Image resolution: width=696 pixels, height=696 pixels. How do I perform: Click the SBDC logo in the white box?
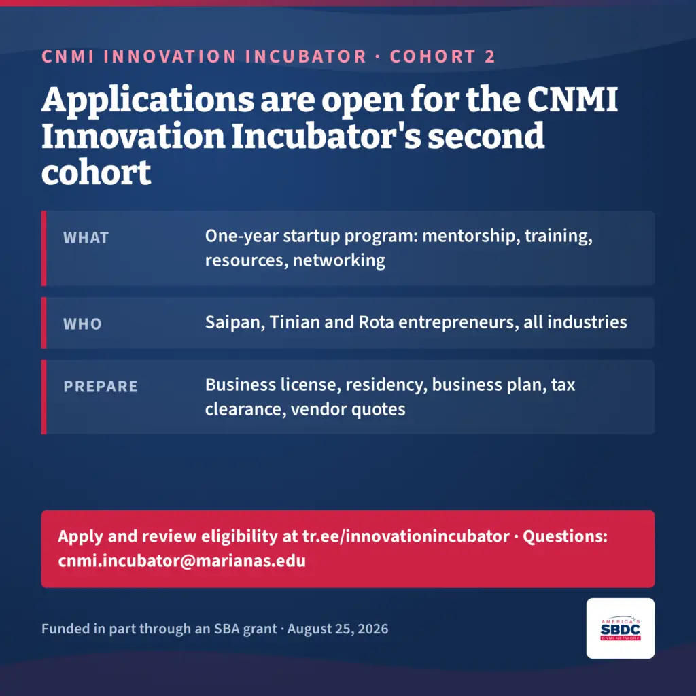[620, 629]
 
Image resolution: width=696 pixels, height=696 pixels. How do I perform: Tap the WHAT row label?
[86, 238]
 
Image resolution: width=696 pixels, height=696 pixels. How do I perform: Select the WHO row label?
[82, 324]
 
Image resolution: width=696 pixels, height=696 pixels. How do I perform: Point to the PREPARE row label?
[101, 387]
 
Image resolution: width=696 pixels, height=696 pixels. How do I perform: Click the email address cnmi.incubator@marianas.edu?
[182, 561]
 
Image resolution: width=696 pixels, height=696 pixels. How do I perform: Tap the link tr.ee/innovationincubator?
[406, 536]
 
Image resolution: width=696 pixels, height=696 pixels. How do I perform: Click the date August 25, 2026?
[338, 629]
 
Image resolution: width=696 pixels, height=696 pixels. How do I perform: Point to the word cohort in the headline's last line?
[97, 173]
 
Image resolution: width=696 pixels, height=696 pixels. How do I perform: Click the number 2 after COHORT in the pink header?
[489, 57]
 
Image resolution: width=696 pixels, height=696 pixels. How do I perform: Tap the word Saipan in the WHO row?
[235, 323]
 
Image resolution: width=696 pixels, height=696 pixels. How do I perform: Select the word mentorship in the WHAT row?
[471, 236]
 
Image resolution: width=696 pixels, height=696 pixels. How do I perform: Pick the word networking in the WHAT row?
[339, 260]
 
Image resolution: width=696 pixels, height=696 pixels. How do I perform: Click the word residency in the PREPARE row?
[386, 385]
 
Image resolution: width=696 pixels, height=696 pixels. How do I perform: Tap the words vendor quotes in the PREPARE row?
[348, 409]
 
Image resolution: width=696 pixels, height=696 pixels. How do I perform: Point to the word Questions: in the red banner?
[565, 536]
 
